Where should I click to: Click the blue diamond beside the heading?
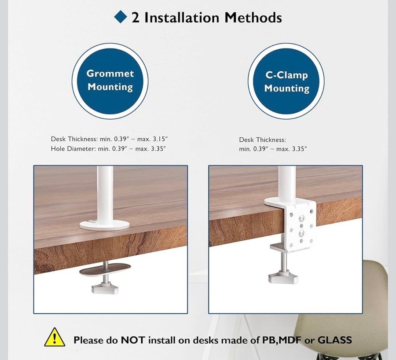tap(121, 17)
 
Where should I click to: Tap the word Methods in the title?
tap(253, 18)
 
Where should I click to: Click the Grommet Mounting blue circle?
tap(110, 81)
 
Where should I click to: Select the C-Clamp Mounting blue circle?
tap(286, 81)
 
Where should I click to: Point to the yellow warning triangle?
tap(55, 337)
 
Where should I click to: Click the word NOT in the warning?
tap(133, 340)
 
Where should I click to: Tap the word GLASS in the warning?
tap(334, 340)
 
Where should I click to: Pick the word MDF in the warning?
tap(290, 340)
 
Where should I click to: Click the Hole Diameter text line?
tap(108, 149)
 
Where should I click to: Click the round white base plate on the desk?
tap(105, 224)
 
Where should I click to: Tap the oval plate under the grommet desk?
tap(105, 269)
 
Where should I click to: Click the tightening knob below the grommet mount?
tap(105, 288)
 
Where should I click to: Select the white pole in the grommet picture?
tap(105, 193)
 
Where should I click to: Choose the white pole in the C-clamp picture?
tap(287, 182)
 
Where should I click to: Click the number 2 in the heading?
tap(136, 18)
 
